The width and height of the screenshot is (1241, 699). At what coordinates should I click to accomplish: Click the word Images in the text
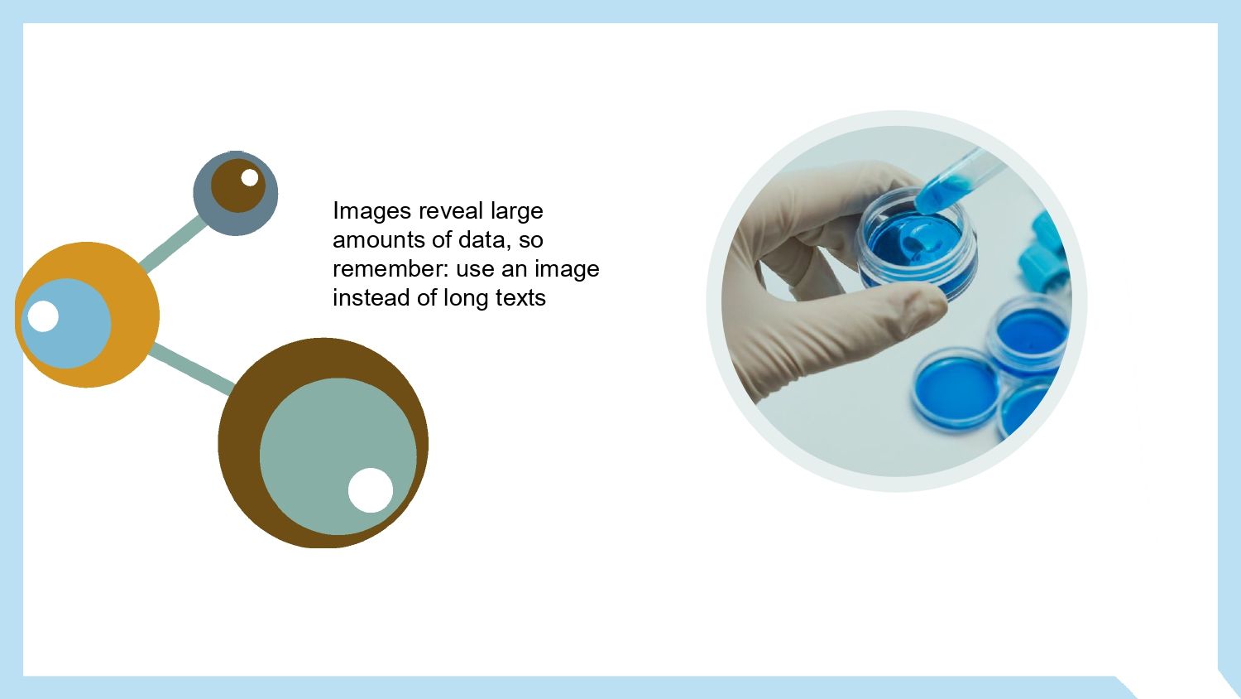[371, 211]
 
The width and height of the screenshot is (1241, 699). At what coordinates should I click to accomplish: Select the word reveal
[451, 211]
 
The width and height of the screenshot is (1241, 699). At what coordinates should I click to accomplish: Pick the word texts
[520, 298]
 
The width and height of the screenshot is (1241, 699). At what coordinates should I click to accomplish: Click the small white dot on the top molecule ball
[250, 178]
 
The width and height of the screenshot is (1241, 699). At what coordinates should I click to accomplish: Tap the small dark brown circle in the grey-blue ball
[237, 186]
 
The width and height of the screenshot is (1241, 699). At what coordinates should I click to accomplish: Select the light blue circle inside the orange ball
[66, 324]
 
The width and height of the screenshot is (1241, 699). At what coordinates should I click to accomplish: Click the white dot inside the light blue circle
[43, 316]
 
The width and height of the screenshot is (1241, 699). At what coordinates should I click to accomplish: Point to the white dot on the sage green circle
[371, 490]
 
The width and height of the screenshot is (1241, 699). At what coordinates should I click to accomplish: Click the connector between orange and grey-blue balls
[173, 243]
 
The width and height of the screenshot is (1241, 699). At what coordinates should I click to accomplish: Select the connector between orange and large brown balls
[191, 369]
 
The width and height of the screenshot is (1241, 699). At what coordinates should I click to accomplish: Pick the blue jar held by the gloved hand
[917, 245]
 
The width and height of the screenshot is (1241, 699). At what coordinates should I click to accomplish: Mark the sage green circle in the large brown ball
[338, 456]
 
